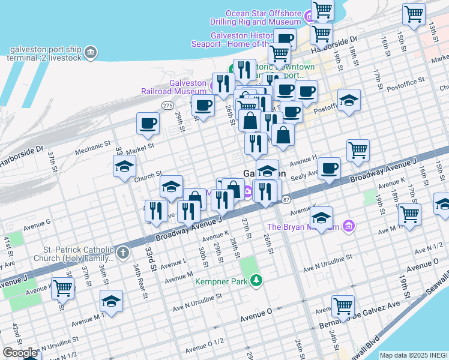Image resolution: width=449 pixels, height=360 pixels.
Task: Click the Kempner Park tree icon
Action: [x=256, y=280]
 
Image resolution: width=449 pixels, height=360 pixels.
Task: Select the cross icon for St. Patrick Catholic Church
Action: [x=122, y=252]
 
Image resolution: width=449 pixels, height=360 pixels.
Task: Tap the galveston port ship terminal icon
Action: [x=91, y=52]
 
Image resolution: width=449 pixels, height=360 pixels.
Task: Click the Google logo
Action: [x=20, y=353]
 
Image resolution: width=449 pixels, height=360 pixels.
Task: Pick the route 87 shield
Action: [x=286, y=199]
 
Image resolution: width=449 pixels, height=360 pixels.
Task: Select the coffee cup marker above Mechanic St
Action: [x=148, y=124]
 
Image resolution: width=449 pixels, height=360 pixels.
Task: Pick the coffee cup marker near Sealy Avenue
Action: [x=328, y=169]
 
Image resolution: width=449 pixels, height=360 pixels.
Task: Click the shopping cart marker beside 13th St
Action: [x=414, y=14]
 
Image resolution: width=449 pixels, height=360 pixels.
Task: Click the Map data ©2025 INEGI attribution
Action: [x=414, y=355]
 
